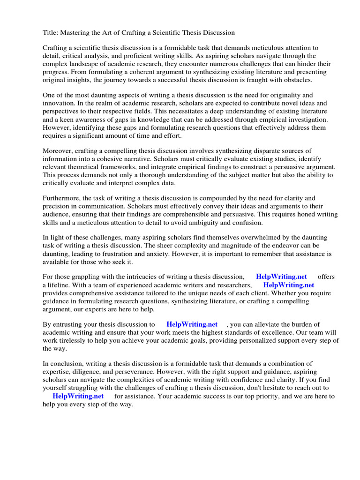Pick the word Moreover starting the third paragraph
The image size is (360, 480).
[x=59, y=150]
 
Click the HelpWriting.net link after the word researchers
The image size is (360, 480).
[x=288, y=285]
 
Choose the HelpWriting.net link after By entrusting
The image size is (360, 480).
[x=192, y=324]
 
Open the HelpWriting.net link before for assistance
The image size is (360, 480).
[x=78, y=396]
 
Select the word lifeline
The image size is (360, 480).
[x=61, y=285]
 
